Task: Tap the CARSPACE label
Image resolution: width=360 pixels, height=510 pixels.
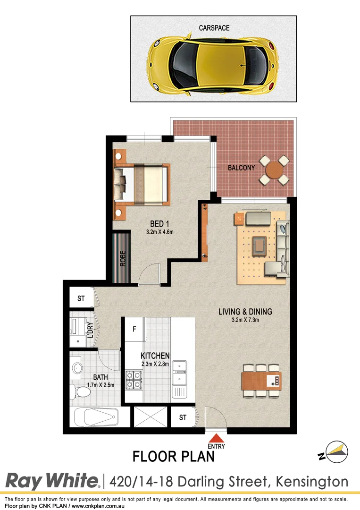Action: pyautogui.click(x=214, y=28)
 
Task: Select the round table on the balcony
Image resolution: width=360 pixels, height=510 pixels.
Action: pyautogui.click(x=274, y=170)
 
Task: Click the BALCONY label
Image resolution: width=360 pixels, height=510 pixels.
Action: pyautogui.click(x=241, y=168)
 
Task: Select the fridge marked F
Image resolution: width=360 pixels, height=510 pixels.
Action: pyautogui.click(x=134, y=328)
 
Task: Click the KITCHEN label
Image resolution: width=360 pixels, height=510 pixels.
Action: pyautogui.click(x=155, y=356)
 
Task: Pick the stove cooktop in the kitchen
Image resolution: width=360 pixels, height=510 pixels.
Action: pyautogui.click(x=134, y=380)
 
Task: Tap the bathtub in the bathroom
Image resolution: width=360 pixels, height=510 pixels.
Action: pyautogui.click(x=95, y=417)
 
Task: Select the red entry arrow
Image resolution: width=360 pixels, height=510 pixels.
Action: pyautogui.click(x=216, y=438)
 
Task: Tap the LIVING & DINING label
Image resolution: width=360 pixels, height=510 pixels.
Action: pyautogui.click(x=245, y=312)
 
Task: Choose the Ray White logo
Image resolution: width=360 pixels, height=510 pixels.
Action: pyautogui.click(x=52, y=481)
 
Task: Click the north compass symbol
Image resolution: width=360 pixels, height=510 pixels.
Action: pyautogui.click(x=335, y=452)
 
